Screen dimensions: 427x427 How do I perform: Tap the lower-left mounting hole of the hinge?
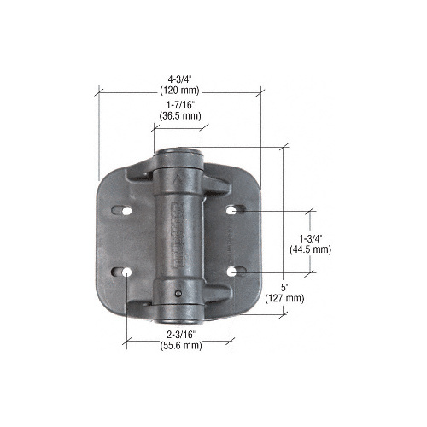point(126,273)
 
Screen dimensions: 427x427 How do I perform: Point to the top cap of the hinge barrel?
point(178,155)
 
